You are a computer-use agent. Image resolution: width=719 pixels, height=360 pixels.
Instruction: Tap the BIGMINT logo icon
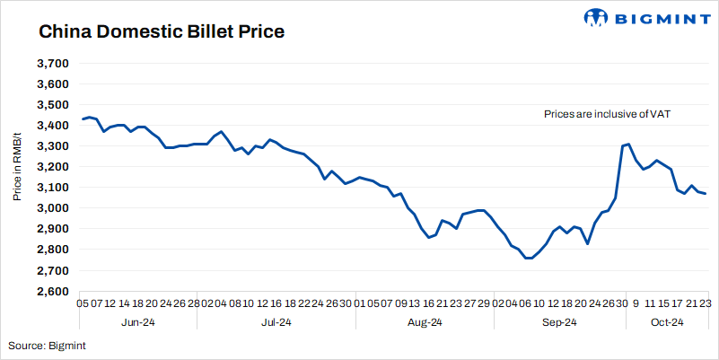(x=597, y=18)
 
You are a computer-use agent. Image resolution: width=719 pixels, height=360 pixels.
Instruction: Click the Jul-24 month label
(x=276, y=322)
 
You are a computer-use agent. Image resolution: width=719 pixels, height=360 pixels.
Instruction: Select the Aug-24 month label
(x=425, y=322)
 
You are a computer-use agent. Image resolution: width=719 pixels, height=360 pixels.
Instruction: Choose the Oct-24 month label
(x=667, y=322)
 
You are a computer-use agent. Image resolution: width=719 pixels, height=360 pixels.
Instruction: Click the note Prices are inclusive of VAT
(x=608, y=114)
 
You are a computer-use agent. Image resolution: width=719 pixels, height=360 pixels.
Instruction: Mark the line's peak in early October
(x=629, y=144)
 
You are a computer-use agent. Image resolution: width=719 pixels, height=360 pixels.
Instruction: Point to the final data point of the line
(x=706, y=194)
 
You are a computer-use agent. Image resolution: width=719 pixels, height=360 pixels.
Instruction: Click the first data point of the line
(x=82, y=119)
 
